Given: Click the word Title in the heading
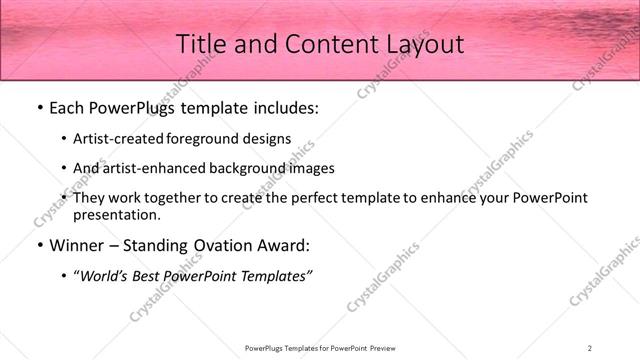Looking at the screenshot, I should point(200,45).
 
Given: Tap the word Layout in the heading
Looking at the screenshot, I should point(424,45).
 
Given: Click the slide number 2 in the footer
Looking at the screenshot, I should point(590,347).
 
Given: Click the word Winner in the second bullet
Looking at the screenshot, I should point(76,245).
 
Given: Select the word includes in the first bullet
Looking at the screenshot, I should point(282,107).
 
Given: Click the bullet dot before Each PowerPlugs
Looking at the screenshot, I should point(39,107).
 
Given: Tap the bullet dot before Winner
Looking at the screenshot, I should point(39,245).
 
